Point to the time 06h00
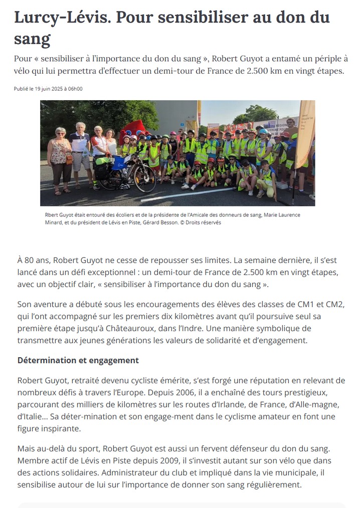(x=76, y=89)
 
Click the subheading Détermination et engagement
(x=78, y=360)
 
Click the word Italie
(x=30, y=416)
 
